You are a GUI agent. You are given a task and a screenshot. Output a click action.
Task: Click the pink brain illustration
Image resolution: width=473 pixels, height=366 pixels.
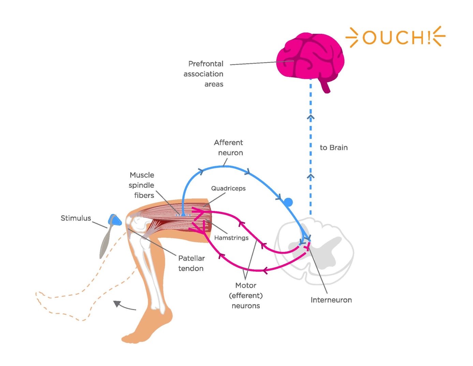click(x=309, y=56)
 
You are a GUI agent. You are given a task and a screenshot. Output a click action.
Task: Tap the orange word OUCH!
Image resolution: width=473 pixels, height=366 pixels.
click(x=396, y=37)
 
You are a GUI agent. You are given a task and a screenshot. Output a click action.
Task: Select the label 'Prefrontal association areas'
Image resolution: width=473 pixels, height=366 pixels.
click(x=204, y=74)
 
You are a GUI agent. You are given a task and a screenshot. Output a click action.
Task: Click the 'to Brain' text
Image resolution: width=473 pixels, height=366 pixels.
click(x=334, y=147)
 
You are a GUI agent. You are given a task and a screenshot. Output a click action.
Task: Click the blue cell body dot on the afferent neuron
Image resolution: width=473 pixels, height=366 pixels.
click(x=288, y=202)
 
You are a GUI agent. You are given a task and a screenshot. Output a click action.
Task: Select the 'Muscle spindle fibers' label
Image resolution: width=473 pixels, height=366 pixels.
click(x=142, y=185)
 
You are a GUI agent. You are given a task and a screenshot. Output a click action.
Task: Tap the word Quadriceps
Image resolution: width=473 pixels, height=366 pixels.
click(x=228, y=188)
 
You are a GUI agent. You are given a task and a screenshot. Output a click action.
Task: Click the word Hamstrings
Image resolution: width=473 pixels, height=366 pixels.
click(x=231, y=238)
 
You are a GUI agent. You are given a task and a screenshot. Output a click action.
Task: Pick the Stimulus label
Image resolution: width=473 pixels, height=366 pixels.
click(x=76, y=218)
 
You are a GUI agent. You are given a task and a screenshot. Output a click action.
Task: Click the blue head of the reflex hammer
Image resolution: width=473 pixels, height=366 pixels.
click(x=115, y=220)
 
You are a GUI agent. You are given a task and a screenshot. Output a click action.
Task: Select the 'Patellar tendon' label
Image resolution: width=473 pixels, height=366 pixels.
click(x=191, y=263)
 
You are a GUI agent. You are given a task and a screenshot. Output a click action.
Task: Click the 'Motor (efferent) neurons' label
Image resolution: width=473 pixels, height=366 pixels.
click(x=246, y=295)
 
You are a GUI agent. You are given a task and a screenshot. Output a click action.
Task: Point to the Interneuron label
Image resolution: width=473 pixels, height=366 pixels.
click(x=331, y=300)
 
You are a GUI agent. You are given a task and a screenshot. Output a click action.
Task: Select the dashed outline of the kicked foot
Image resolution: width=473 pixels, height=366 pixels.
click(x=51, y=300)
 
